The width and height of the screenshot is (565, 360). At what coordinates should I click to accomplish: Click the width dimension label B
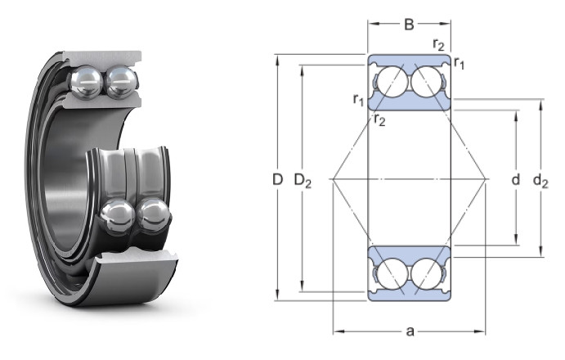coord(409,25)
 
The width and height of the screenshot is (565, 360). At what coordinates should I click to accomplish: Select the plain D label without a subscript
coord(277,179)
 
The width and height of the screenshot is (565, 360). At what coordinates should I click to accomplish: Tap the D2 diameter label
coord(303,180)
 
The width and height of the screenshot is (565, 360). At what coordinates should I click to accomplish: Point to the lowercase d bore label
coord(516,179)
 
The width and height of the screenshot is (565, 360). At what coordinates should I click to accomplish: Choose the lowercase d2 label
coord(540,180)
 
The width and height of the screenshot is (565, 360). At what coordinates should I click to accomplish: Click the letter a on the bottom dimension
coord(410,331)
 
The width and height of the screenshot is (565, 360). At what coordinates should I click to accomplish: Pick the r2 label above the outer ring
coord(438,44)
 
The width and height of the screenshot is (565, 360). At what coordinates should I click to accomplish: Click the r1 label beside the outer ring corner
coord(459,63)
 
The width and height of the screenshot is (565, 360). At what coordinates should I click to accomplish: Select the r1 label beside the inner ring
coord(358,100)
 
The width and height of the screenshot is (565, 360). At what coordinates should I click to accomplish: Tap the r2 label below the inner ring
coord(379,119)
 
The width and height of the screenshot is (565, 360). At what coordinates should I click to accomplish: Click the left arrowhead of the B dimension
coord(372,24)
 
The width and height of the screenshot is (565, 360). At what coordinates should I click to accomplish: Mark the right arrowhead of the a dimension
coord(481,331)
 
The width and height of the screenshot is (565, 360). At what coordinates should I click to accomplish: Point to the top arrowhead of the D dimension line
coord(277,59)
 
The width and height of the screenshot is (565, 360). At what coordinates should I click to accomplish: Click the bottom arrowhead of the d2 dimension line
coord(540,252)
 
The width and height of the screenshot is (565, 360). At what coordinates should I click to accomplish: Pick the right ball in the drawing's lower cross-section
coord(426,272)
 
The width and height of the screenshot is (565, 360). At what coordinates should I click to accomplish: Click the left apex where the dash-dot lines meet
coord(333,179)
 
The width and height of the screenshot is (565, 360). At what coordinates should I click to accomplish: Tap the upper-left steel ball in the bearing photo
coord(86,83)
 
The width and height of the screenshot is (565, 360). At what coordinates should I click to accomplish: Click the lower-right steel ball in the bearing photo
coord(153,215)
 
